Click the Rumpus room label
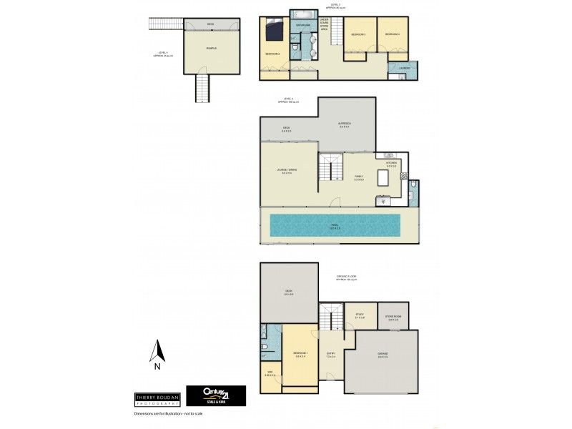tap(211, 48)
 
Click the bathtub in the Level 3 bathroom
tap(300, 14)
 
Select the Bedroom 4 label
tap(392, 34)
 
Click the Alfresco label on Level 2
tap(345, 124)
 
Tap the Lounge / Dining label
tap(287, 169)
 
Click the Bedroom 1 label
tap(300, 354)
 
